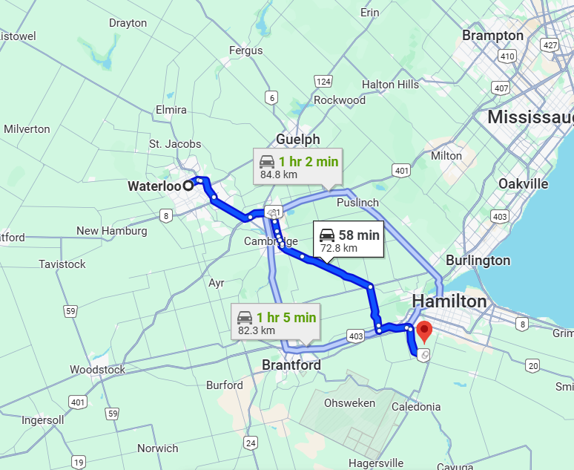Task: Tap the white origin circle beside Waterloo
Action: (x=188, y=186)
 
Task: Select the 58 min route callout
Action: (x=348, y=240)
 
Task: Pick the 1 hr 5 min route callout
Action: (x=276, y=323)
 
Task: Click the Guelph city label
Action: (x=297, y=140)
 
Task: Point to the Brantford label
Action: (x=291, y=365)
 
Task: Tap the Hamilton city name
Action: (x=449, y=301)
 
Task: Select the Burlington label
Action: (x=478, y=261)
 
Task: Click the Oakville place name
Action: (x=523, y=183)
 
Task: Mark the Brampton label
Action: (x=492, y=36)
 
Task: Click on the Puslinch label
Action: (x=357, y=202)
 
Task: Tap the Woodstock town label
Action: (x=97, y=369)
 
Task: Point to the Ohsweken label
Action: (x=349, y=403)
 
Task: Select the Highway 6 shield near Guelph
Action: (x=272, y=97)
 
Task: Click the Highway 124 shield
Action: (x=323, y=82)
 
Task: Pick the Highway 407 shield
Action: (x=501, y=88)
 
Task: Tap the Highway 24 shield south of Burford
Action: (x=251, y=443)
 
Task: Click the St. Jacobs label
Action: (x=175, y=143)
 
